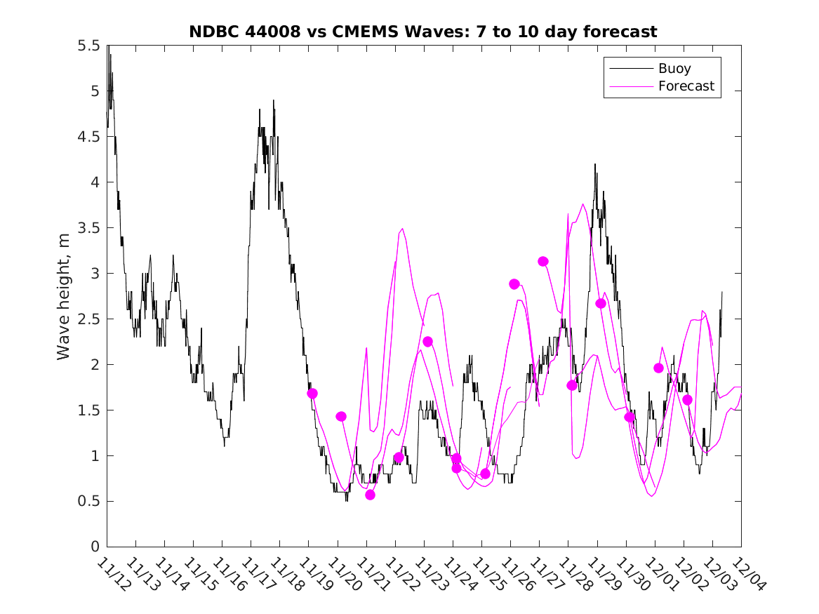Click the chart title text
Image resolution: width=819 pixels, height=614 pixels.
coord(423,32)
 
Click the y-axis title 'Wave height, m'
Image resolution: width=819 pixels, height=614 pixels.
coord(64,295)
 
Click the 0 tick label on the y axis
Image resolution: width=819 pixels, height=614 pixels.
coord(94,547)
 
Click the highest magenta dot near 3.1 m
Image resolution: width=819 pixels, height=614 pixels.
coord(542,261)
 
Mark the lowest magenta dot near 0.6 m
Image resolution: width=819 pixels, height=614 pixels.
coord(370,495)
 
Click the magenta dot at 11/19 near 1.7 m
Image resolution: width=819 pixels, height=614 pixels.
coord(312,394)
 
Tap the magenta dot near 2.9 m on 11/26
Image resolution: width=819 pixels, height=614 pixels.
coord(514,284)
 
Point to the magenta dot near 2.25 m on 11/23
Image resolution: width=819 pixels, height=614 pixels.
coord(427,342)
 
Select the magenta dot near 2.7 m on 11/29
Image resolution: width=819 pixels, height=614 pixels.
coord(600,303)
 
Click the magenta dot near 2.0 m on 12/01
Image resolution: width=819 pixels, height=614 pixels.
coord(658,368)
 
